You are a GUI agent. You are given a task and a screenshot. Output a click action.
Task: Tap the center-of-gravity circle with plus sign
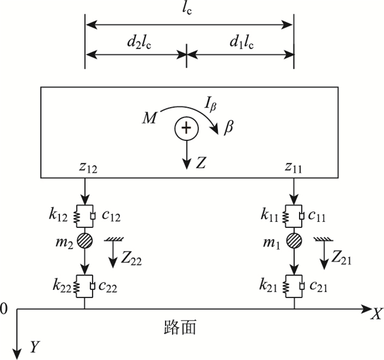(187, 128)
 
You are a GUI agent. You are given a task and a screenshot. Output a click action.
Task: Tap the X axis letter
(376, 313)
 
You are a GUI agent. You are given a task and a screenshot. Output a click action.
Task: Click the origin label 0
(5, 310)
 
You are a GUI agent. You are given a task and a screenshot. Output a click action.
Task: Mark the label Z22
(132, 261)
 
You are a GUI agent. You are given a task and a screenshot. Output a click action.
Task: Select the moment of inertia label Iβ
(207, 101)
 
